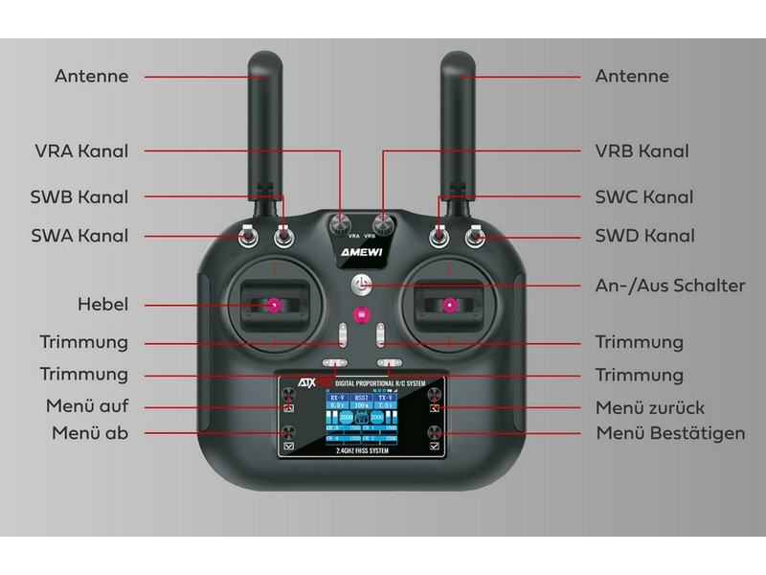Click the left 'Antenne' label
click(x=92, y=76)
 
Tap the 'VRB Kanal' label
click(x=642, y=151)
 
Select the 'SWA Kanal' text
click(x=80, y=236)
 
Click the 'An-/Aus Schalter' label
click(x=669, y=286)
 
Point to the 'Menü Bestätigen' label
click(x=669, y=433)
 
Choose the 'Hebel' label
click(x=103, y=305)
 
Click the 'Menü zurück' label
click(x=650, y=406)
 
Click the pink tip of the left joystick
click(x=273, y=305)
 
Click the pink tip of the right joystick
click(x=450, y=305)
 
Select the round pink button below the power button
click(x=362, y=315)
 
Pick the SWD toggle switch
click(x=475, y=234)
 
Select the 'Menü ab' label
click(x=90, y=433)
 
